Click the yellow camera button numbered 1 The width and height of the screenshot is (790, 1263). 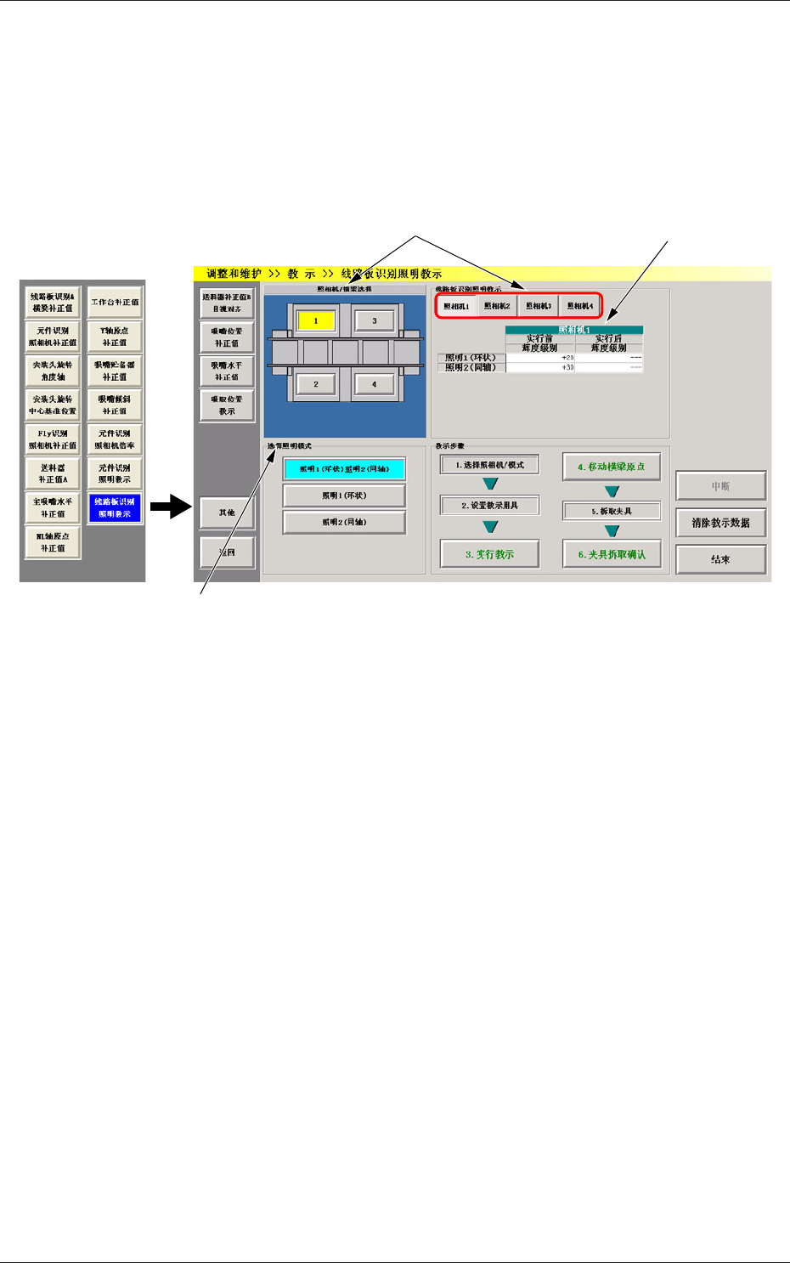(315, 321)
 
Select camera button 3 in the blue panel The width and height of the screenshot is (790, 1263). (374, 321)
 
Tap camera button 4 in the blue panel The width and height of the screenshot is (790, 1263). (374, 384)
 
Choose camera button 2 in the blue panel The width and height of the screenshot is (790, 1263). (315, 384)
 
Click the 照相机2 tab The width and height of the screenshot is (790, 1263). (497, 306)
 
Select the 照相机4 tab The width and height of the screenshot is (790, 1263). (580, 306)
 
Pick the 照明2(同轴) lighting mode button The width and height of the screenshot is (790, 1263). (344, 522)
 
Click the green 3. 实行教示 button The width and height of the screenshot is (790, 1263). (489, 554)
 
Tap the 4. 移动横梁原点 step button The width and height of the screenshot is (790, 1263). (611, 467)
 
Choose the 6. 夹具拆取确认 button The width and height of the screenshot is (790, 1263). (611, 554)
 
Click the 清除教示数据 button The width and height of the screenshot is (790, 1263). (720, 523)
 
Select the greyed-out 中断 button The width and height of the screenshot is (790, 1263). (720, 486)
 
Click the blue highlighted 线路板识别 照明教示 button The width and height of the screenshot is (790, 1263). (115, 507)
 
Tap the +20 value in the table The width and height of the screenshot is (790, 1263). (567, 358)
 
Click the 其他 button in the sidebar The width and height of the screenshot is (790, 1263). (227, 513)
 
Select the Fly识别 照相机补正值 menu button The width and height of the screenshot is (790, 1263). (53, 439)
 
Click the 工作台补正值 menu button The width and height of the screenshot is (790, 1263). (115, 303)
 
